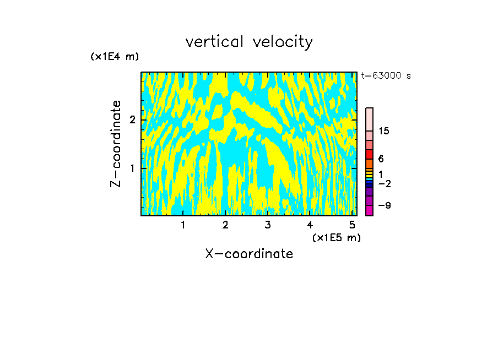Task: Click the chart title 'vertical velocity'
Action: click(249, 42)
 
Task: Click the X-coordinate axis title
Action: click(249, 254)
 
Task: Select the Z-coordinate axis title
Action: click(116, 144)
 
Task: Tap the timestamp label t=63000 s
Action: click(386, 76)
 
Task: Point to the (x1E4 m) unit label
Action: click(115, 57)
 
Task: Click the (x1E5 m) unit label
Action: click(336, 237)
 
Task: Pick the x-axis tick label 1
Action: click(183, 225)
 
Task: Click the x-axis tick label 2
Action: click(225, 225)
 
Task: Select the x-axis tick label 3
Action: click(267, 225)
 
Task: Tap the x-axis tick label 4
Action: click(310, 225)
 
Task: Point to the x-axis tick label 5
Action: click(352, 225)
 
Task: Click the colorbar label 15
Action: click(384, 131)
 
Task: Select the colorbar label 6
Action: click(381, 159)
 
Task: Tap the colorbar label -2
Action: click(384, 183)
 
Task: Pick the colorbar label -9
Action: click(384, 205)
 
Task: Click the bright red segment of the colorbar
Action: click(370, 155)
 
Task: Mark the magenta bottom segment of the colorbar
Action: click(370, 210)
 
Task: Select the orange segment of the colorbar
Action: click(370, 164)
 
